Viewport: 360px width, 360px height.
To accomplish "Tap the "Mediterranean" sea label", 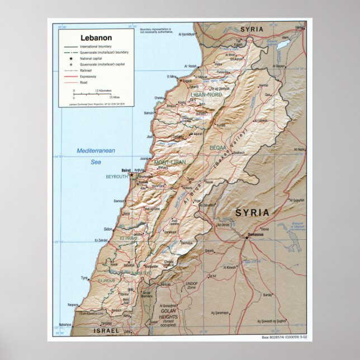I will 96,151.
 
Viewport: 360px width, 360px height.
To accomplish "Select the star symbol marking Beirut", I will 131,174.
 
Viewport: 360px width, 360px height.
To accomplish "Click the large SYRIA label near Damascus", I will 252,212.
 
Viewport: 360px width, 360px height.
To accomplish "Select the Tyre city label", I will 84,278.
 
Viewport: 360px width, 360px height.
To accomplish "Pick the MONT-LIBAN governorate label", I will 170,162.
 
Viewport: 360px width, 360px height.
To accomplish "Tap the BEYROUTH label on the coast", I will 117,177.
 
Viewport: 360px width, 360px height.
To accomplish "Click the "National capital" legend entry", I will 92,58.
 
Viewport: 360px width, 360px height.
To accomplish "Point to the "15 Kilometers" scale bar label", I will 103,90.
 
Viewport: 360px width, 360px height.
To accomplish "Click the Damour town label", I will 119,201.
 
